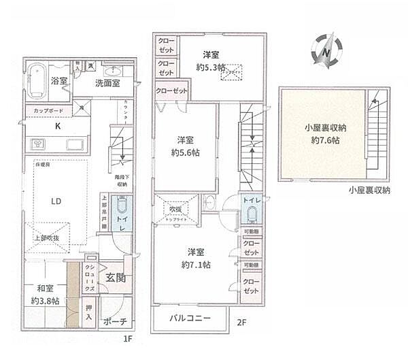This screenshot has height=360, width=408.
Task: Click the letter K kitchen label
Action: pos(57,125)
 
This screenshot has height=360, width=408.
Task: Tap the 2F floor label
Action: pos(241,323)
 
